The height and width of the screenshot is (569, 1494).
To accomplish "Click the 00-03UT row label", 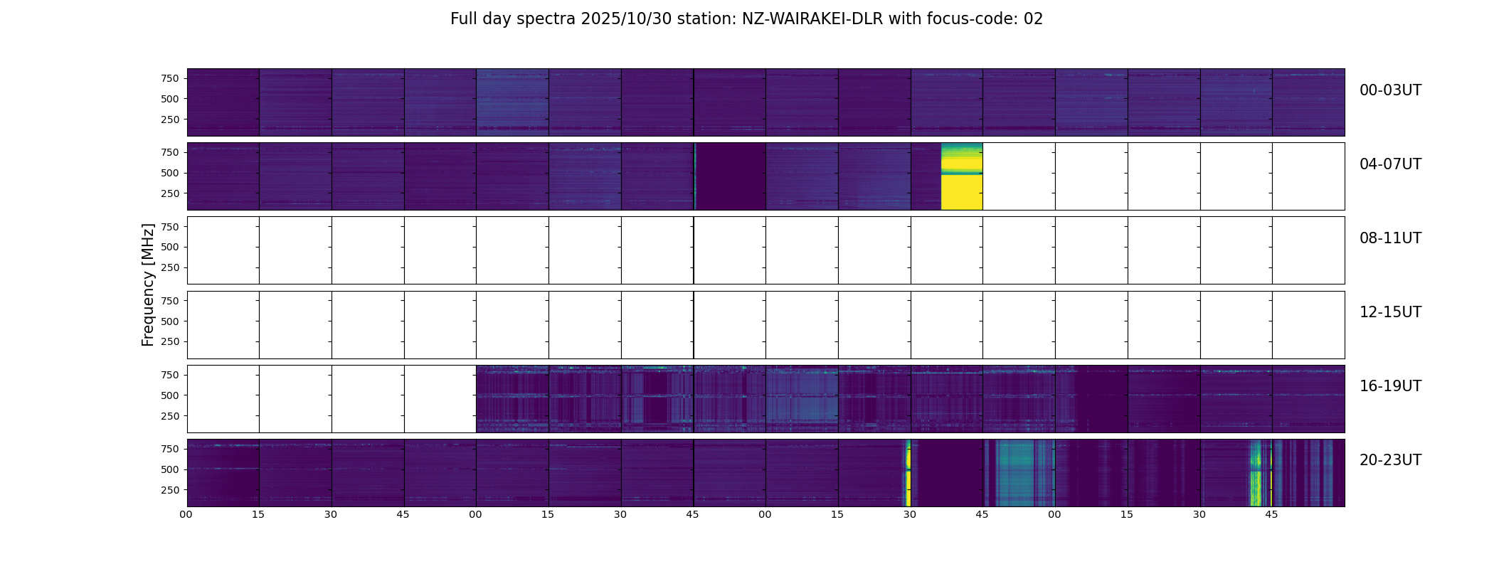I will tap(1389, 90).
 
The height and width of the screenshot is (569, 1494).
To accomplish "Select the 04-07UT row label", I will tap(1389, 164).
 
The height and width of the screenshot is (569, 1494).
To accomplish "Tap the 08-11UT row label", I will tap(1389, 238).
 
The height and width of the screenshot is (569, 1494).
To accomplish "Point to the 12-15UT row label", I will tap(1389, 312).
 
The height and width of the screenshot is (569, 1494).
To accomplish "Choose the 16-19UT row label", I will tap(1389, 386).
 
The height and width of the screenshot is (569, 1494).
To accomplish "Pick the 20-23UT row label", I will tap(1389, 460).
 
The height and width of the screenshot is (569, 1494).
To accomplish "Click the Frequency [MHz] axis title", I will tap(148, 284).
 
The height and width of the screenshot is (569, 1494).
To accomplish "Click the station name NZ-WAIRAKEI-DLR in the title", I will tap(812, 19).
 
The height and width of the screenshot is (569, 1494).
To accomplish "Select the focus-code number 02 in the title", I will tap(1033, 19).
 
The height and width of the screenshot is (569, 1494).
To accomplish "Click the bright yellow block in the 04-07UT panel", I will tap(961, 192).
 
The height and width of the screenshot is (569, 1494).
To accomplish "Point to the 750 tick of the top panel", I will tap(170, 78).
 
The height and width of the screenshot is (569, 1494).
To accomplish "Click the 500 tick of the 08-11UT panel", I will tap(170, 247).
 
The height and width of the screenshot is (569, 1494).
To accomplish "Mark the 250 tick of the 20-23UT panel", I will tap(170, 490).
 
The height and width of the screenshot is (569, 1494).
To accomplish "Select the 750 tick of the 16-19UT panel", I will tap(170, 375).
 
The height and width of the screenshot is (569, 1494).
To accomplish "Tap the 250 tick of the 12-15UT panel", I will tap(170, 342).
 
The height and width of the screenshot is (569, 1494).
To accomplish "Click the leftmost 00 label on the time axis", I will tap(186, 514).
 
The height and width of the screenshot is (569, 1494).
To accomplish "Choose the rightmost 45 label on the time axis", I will tap(1271, 514).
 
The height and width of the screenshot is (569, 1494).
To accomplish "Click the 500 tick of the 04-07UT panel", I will tap(170, 173).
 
